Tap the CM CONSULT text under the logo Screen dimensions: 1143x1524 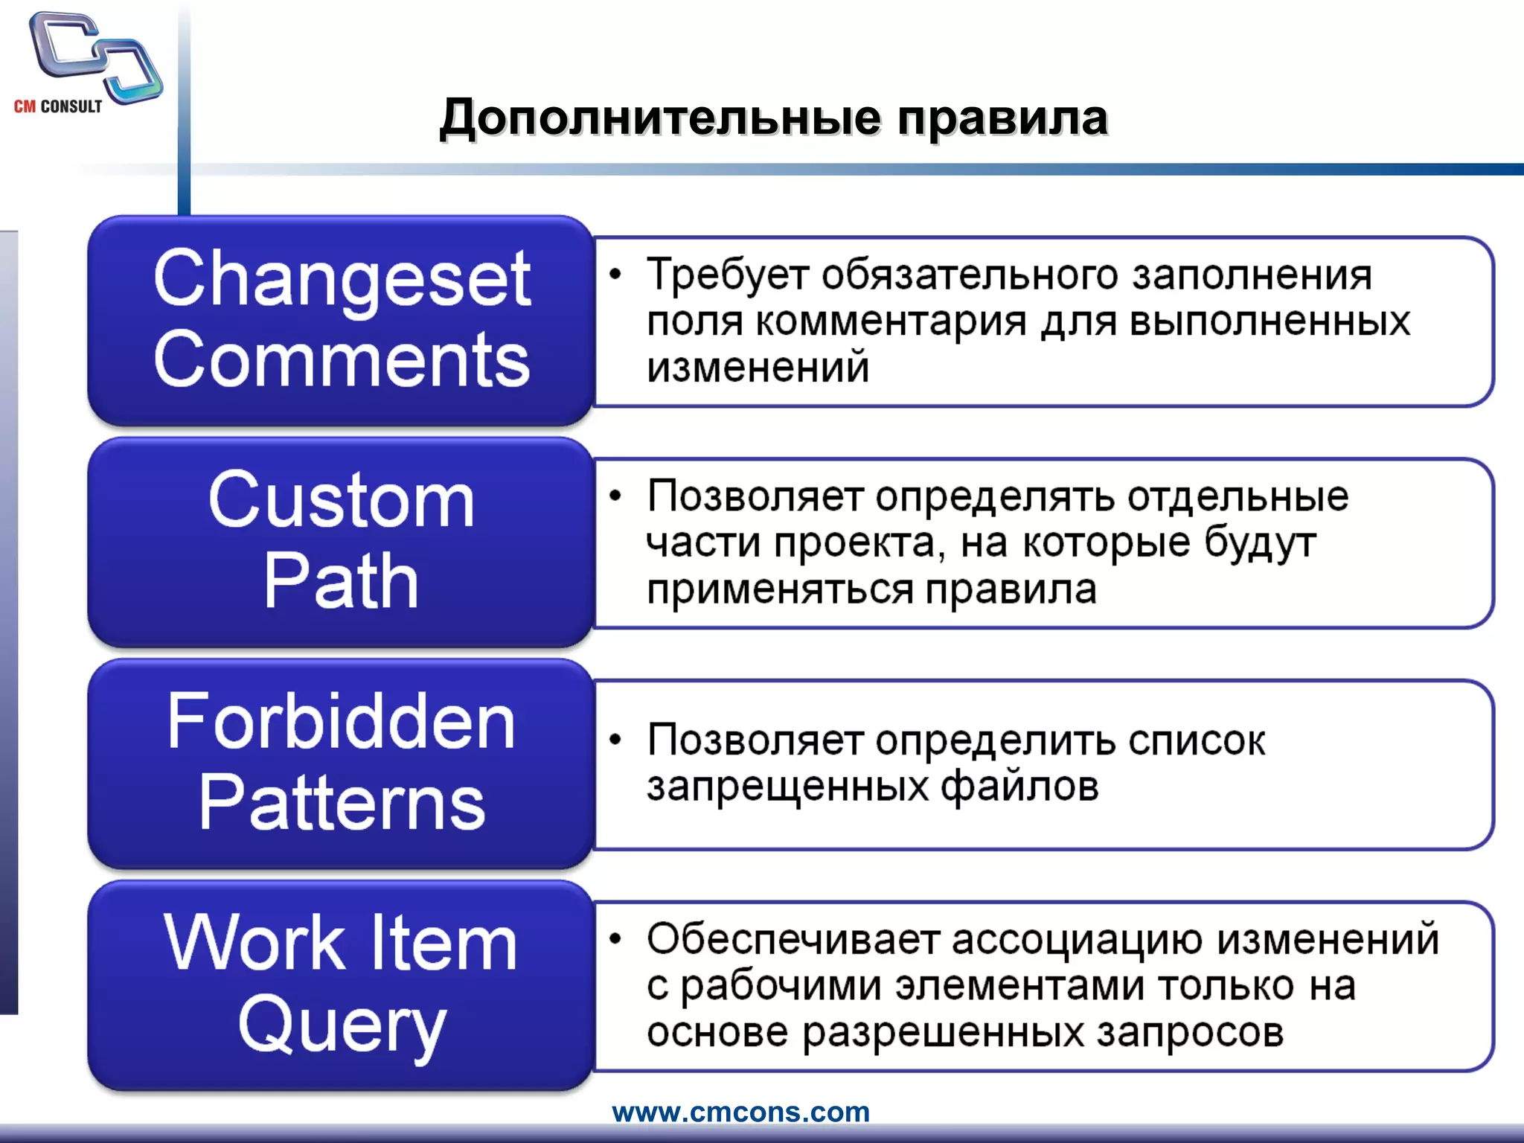pos(58,106)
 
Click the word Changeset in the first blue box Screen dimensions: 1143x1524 pos(342,280)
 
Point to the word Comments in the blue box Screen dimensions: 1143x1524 pos(342,361)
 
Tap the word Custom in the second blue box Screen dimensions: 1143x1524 pos(342,500)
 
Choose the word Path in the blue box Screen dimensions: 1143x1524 pos(342,581)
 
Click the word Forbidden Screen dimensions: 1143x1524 pos(342,721)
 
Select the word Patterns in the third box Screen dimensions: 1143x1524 pos(342,803)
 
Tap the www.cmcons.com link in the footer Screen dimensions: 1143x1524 pos(741,1112)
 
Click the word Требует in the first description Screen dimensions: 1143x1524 pos(728,275)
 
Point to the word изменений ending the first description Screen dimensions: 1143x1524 pos(758,368)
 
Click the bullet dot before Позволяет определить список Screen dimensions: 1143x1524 pos(615,740)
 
